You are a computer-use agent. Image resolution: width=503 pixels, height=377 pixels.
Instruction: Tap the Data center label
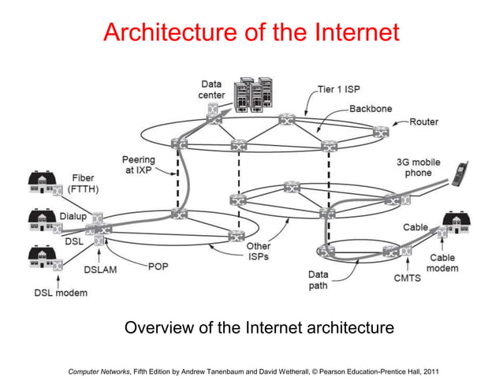(211, 89)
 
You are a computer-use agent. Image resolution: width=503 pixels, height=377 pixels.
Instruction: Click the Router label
(423, 122)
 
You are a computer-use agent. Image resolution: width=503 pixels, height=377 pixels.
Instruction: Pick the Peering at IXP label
(138, 165)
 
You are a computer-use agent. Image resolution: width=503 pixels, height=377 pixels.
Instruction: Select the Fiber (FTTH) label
(83, 184)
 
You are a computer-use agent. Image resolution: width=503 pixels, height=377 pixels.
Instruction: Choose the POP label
(158, 267)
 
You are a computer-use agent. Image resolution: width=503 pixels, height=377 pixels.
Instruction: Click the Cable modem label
(442, 263)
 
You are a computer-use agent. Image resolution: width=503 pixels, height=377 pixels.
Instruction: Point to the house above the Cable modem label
(456, 225)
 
